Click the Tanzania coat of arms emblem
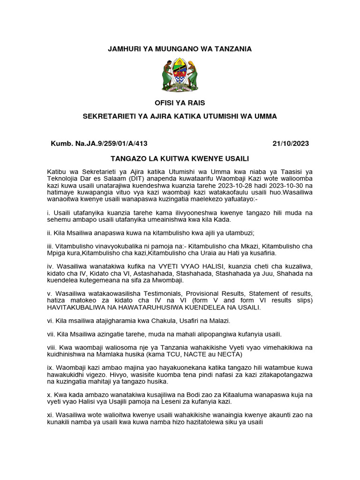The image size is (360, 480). pos(180,75)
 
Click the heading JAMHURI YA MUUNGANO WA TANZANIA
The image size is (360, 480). pos(180,49)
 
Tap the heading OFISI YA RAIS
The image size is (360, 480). pos(180,103)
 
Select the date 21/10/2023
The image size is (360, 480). pos(291,143)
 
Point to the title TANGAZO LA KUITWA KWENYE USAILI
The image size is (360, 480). pos(180,158)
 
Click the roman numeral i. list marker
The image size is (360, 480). pos(49,212)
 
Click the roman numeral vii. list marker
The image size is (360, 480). pos(51,334)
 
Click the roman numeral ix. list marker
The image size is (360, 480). pos(50,368)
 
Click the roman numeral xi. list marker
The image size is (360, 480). pos(50,415)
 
